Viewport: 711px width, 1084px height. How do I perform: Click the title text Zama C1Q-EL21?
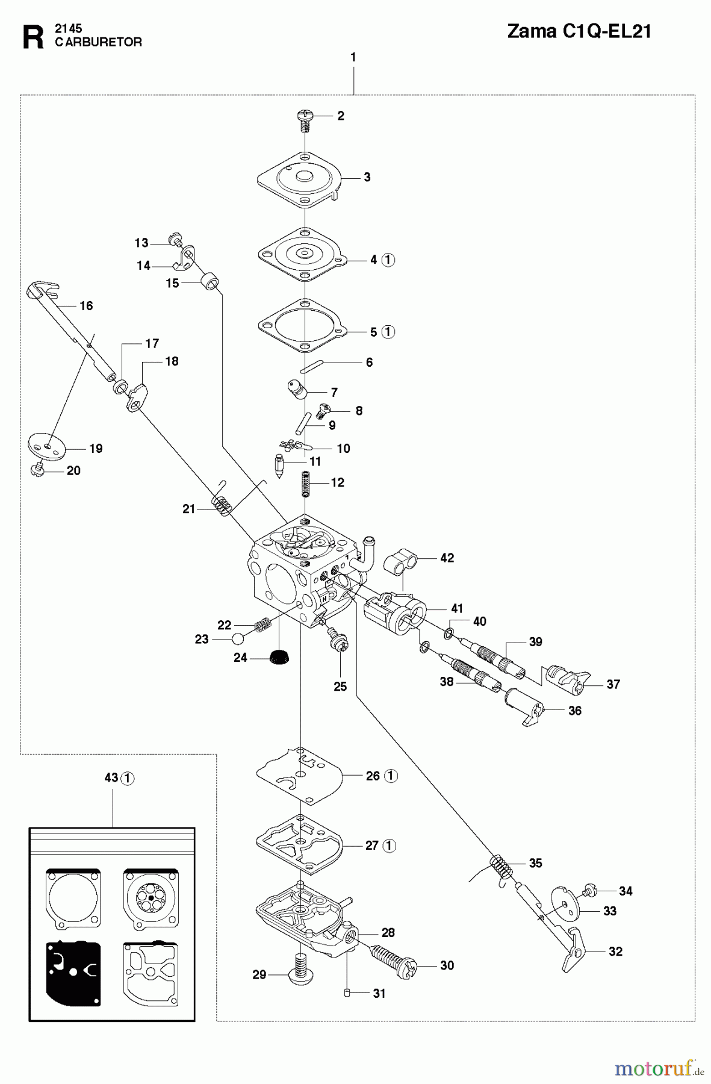coord(579,31)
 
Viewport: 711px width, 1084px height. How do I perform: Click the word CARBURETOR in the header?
coord(99,42)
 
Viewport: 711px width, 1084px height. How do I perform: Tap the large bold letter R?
coord(33,37)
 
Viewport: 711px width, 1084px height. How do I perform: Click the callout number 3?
coord(367,177)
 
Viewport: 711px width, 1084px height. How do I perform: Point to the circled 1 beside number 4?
coord(388,260)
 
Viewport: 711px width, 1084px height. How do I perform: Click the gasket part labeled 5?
coord(305,329)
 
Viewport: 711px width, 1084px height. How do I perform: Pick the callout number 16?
coord(86,306)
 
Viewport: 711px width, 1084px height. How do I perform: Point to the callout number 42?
coord(447,558)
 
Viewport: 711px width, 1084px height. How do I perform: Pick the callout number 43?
coord(111,777)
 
